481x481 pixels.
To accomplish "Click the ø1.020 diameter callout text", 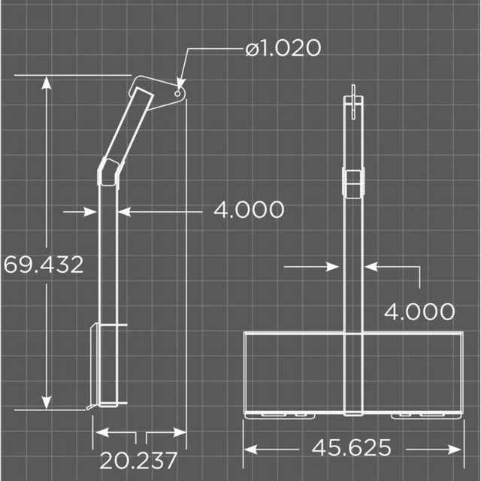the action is tap(283, 48).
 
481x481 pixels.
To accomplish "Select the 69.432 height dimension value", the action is tap(44, 265).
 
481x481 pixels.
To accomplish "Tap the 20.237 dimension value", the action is tap(138, 461).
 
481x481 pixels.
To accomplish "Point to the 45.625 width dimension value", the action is tap(352, 448).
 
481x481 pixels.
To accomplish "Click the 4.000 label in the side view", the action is tap(249, 210).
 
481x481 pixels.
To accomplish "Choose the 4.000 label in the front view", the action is tap(419, 312).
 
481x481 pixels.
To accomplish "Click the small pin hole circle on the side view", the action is tap(177, 93).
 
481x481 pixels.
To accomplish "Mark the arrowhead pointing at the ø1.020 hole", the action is tap(181, 83).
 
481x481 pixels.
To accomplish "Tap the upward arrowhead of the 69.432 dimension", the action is tap(47, 83).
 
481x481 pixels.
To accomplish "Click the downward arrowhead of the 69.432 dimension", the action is tap(47, 403).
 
